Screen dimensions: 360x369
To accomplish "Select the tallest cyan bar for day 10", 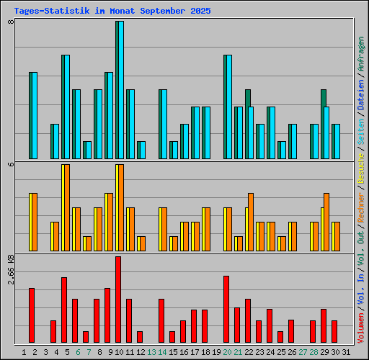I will point(120,90).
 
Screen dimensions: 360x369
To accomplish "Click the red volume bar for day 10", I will point(118,300).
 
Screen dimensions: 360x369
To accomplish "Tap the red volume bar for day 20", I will point(226,309).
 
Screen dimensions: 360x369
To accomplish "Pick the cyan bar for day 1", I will point(33,115).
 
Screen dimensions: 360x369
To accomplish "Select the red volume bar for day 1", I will point(32,315).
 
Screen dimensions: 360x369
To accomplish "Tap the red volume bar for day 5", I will point(64,310).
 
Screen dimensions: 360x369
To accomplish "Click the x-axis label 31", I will point(346,352).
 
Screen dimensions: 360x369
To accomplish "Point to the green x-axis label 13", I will point(151,352).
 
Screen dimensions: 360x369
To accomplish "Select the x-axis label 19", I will point(216,352).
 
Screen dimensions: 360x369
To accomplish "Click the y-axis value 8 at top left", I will point(11,22).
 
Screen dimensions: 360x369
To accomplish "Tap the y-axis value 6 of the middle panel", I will point(11,164).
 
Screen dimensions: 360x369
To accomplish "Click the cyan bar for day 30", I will point(336,141).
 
